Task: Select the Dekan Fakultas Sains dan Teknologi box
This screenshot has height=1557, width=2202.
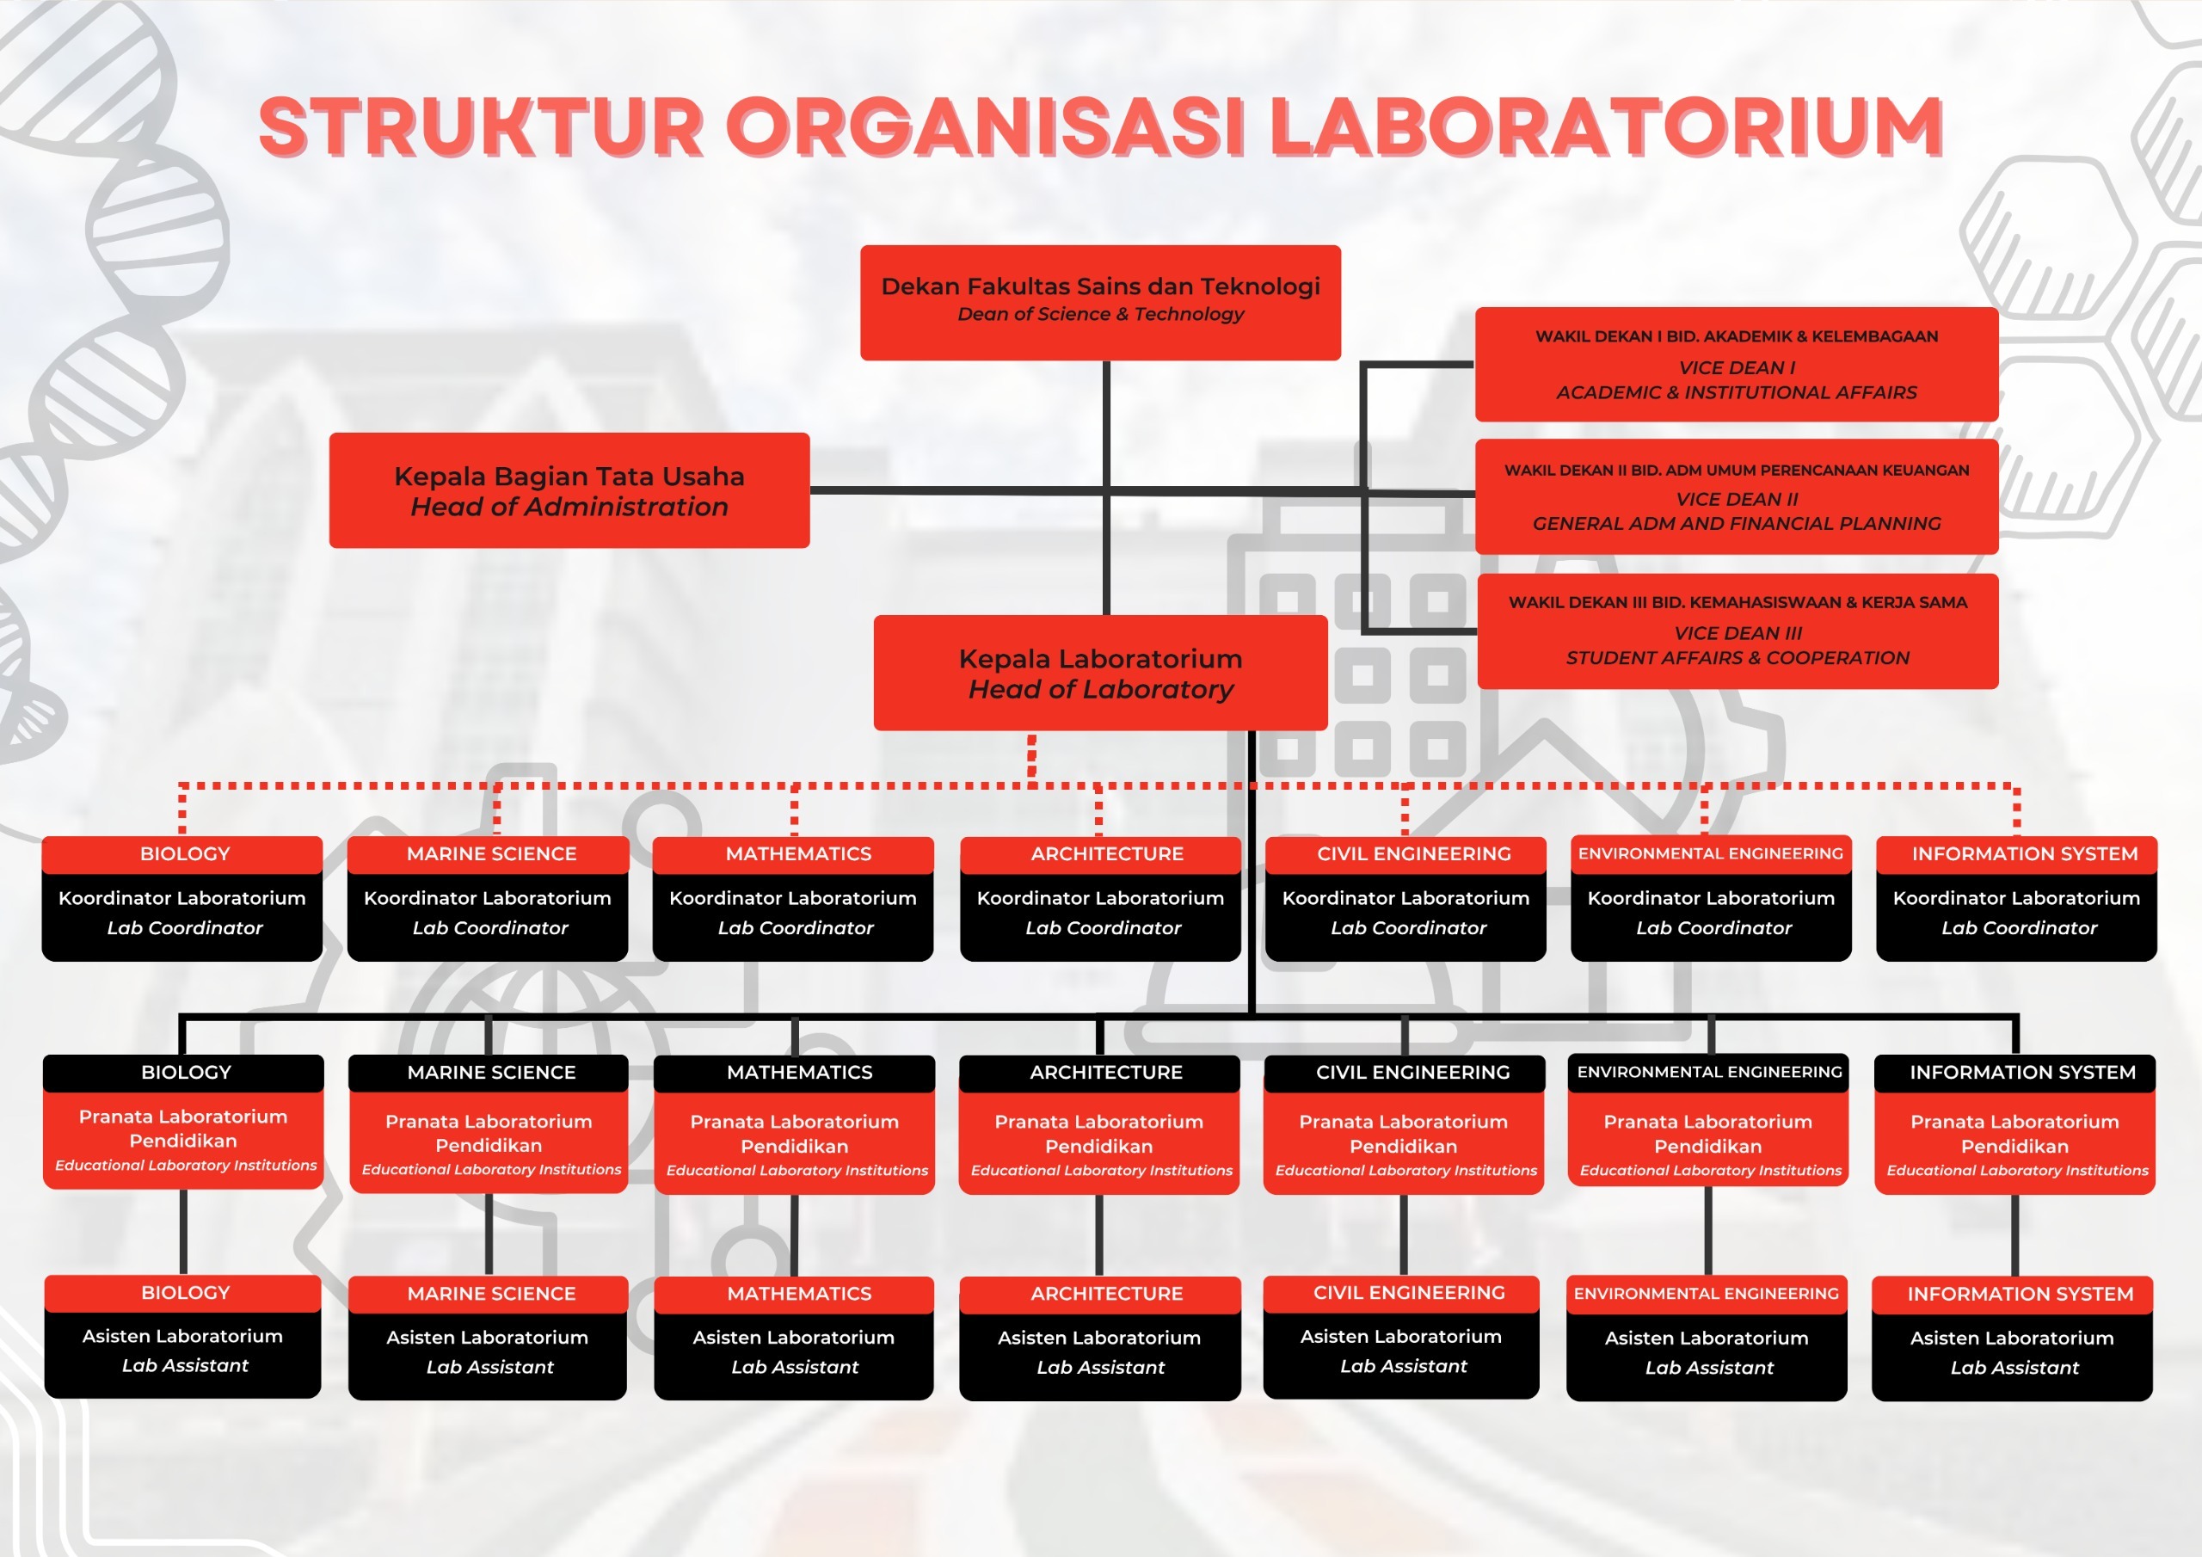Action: coord(1100,302)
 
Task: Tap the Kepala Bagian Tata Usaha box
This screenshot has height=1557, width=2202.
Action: coord(569,490)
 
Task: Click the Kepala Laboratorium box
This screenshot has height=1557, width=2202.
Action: coord(1100,673)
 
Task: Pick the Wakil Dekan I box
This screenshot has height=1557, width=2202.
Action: coord(1736,365)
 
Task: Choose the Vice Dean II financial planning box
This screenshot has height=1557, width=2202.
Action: coord(1736,497)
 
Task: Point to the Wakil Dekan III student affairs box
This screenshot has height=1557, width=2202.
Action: coord(1737,631)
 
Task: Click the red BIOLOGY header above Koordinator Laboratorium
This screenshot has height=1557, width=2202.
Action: coord(182,854)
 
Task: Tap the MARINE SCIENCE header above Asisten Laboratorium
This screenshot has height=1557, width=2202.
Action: coord(489,1293)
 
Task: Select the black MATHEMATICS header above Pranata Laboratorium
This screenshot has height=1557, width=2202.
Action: coord(795,1073)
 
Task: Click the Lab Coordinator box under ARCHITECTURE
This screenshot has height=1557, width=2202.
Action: coord(1100,914)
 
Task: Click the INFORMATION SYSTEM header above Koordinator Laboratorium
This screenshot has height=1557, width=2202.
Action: coord(2016,854)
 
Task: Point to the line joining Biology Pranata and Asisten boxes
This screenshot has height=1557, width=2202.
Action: coord(182,1233)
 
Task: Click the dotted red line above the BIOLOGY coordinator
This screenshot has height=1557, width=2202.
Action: coord(182,809)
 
